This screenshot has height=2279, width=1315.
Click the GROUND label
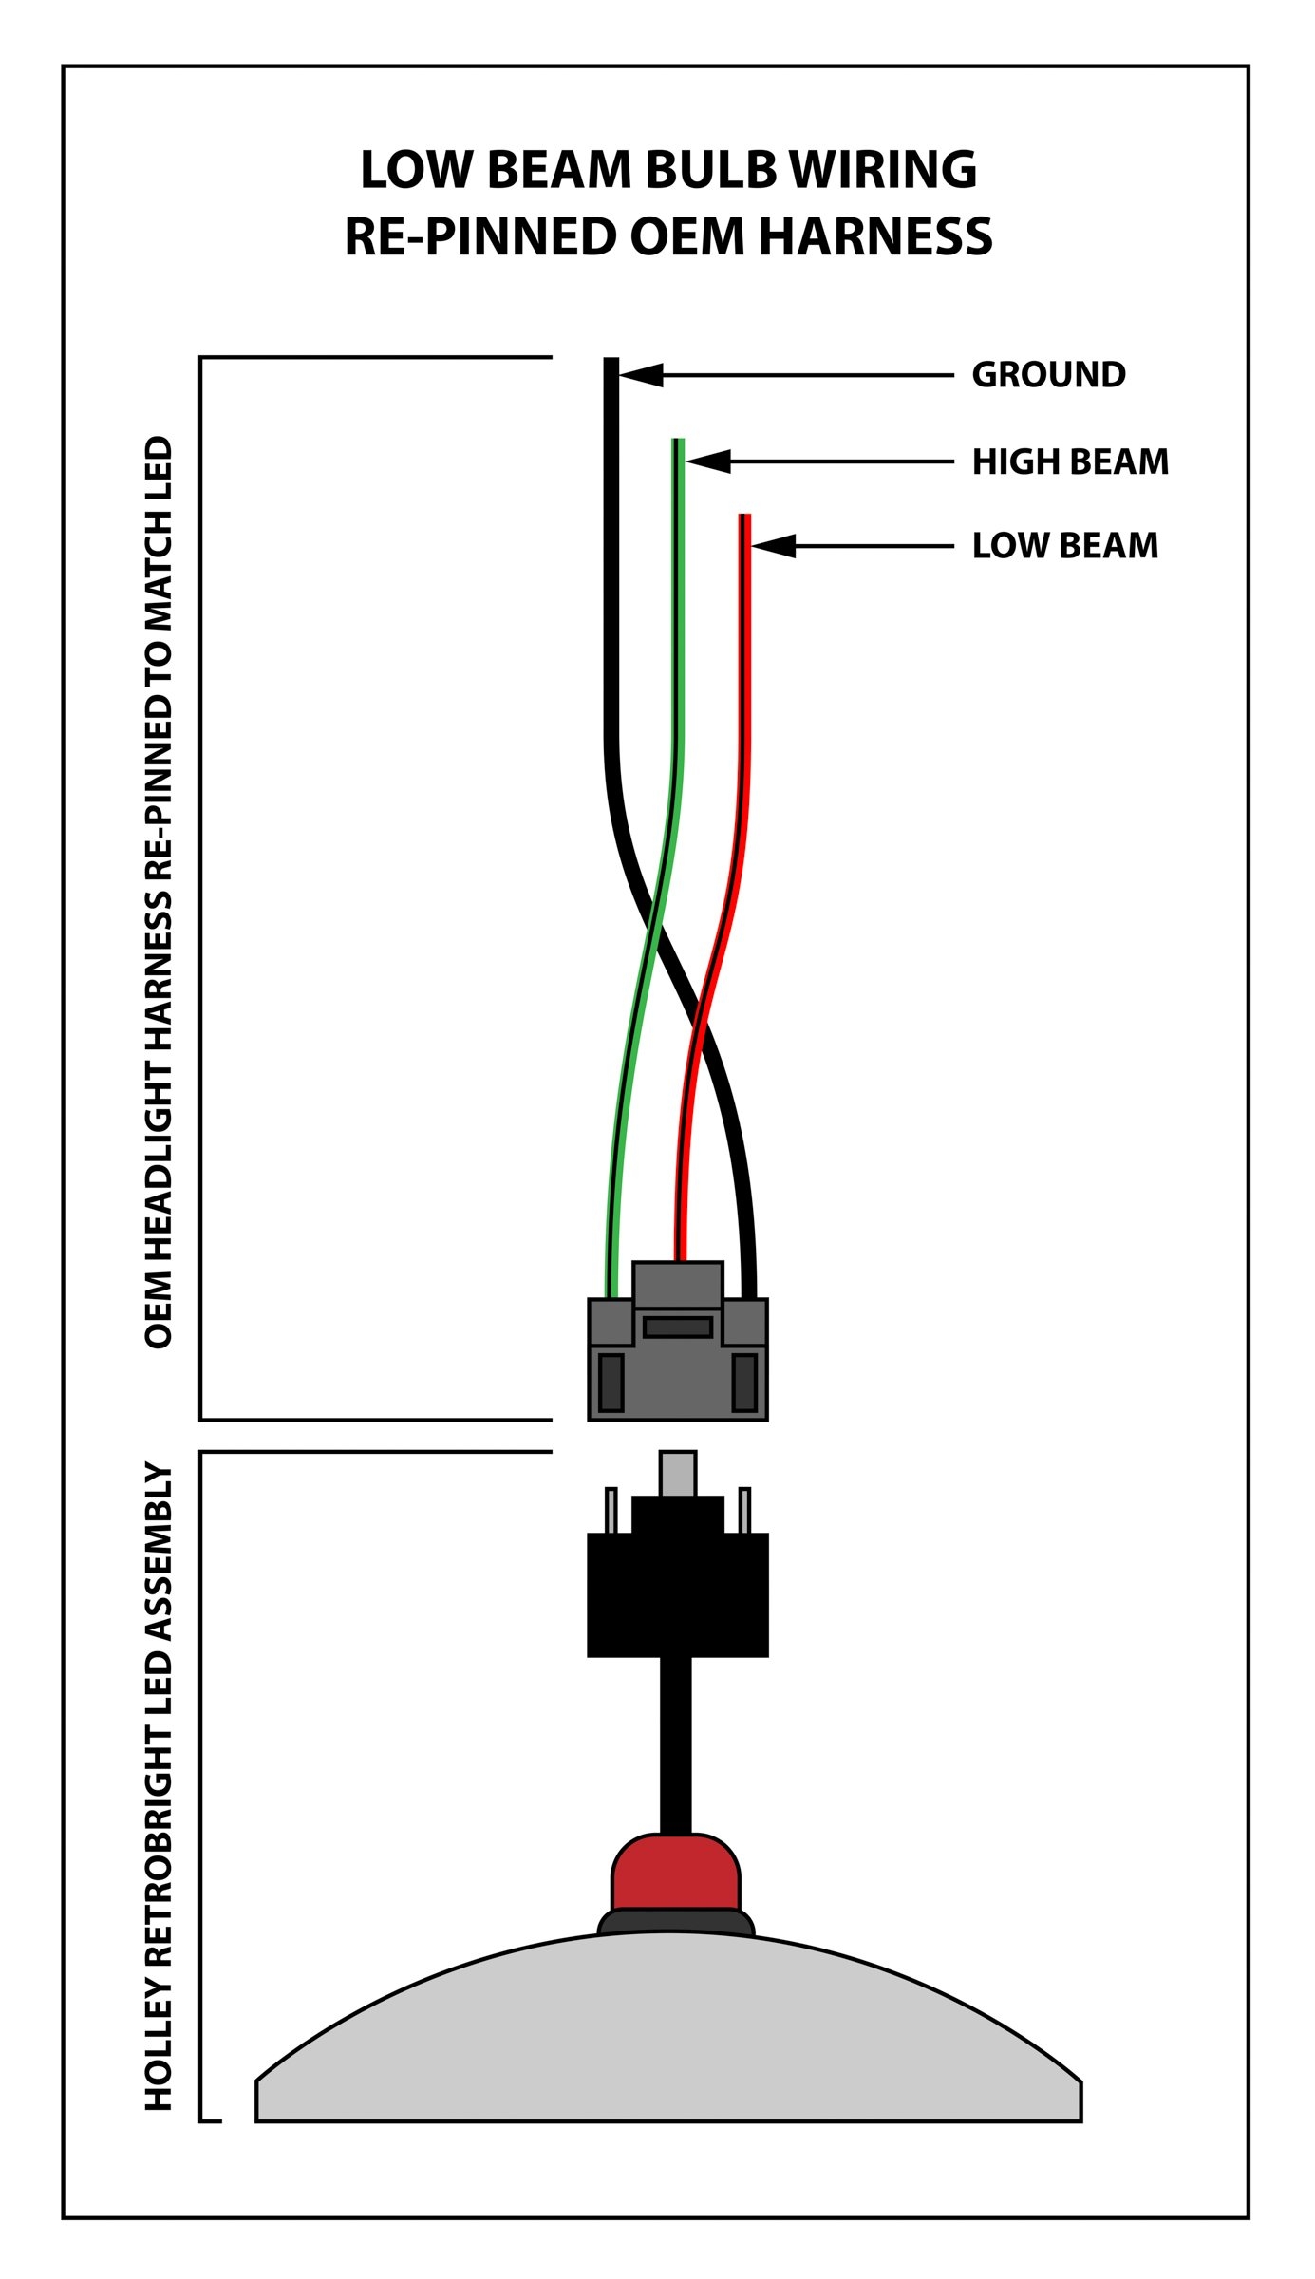pos(1048,375)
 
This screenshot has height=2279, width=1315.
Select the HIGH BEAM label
pos(1070,462)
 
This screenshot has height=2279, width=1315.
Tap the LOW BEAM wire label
pos(1064,546)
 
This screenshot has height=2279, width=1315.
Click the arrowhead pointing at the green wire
pos(708,462)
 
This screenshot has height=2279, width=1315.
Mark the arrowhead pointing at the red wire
pos(773,546)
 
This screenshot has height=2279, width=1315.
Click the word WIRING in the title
pos(883,171)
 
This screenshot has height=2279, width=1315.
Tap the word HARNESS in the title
pos(875,236)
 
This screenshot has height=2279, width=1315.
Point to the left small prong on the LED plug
pos(611,1510)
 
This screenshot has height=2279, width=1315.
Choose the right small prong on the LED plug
pos(744,1510)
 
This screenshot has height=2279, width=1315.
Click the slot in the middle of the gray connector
pos(677,1327)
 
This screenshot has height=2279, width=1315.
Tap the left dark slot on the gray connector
pos(611,1383)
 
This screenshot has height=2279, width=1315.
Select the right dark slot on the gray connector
pos(744,1383)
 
